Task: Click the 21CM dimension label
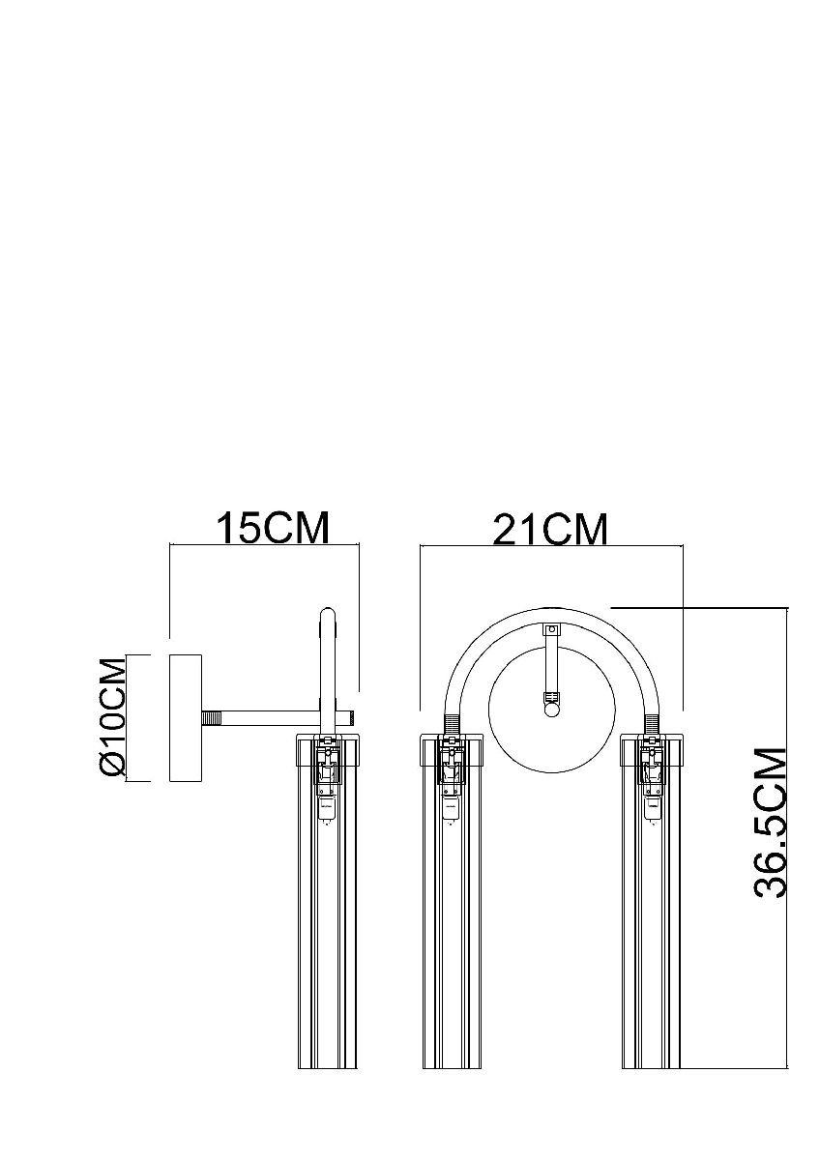[x=549, y=530]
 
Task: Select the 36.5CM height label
[x=771, y=823]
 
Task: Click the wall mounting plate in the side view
[x=186, y=717]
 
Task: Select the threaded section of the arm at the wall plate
[x=212, y=718]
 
